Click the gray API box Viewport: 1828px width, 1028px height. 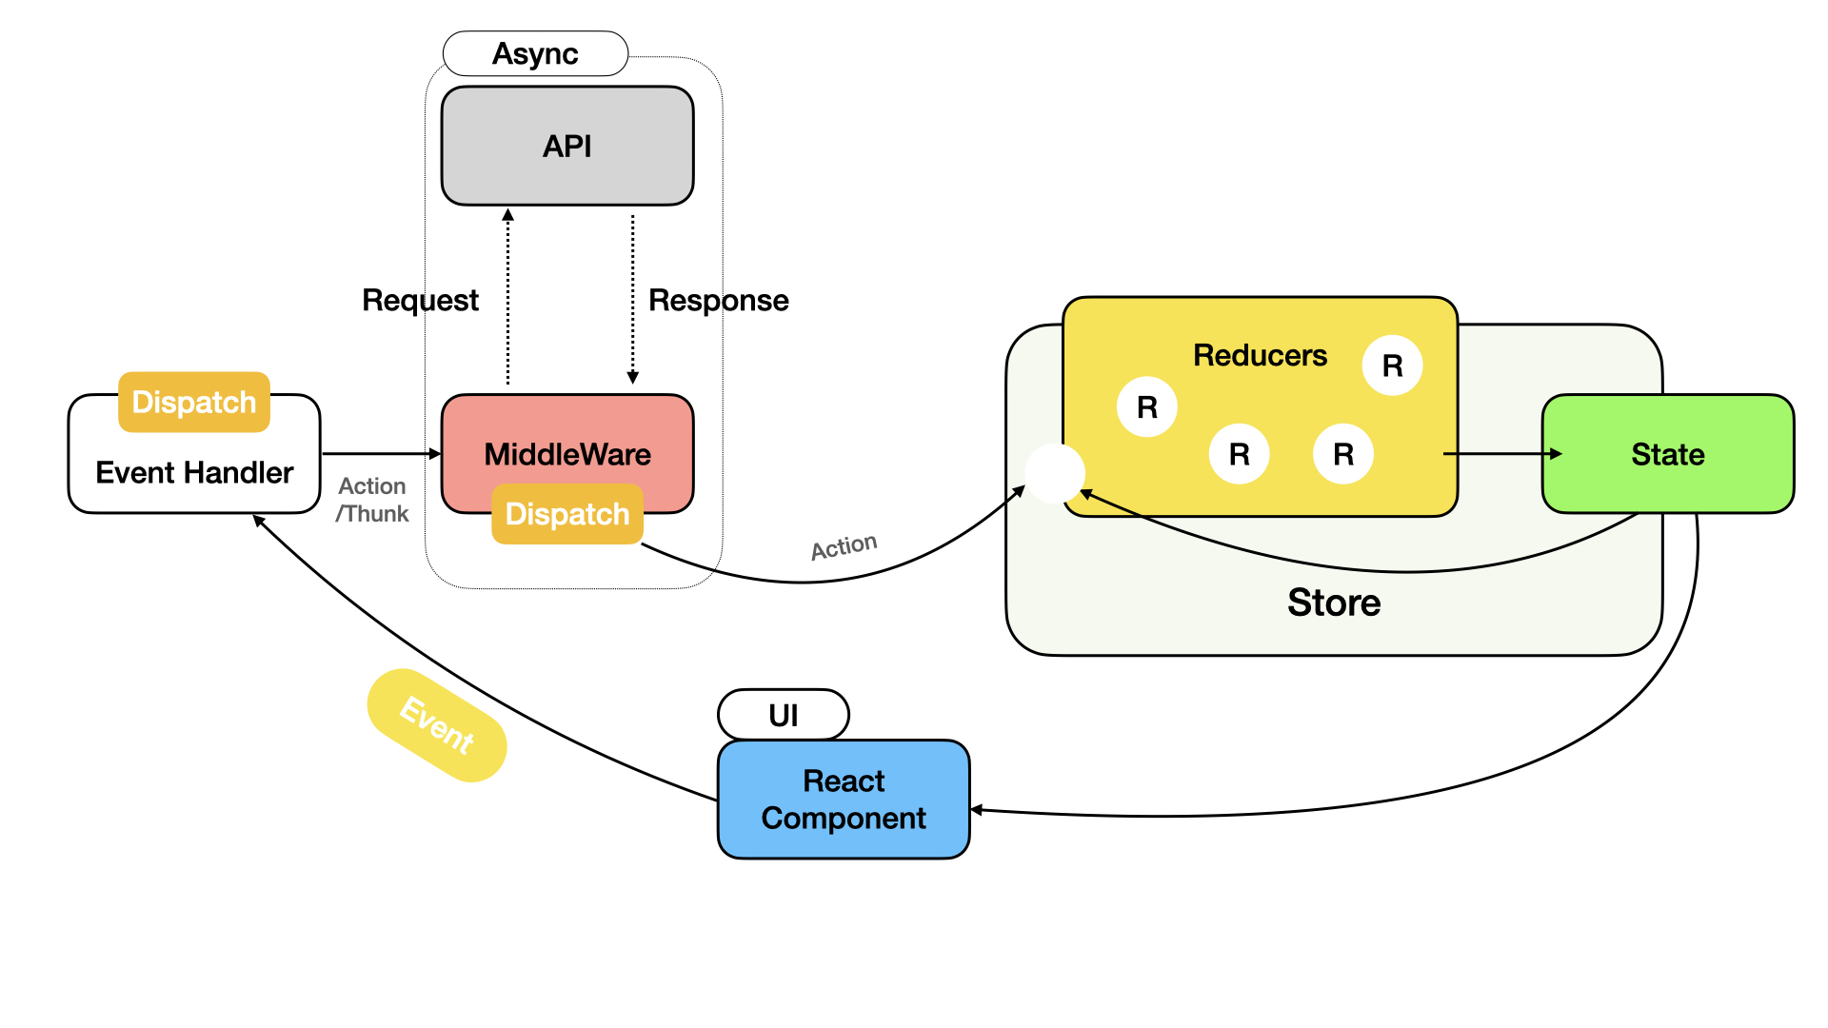click(567, 146)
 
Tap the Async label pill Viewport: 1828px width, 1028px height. click(535, 53)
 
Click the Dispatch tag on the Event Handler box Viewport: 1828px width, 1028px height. click(194, 402)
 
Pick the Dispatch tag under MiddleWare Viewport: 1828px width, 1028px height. click(567, 514)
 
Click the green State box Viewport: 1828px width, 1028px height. click(1668, 454)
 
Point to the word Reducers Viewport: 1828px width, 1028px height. click(1260, 355)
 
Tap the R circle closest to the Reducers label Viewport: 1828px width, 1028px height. click(1392, 366)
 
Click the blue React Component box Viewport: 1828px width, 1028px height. click(844, 800)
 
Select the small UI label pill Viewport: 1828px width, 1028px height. click(784, 715)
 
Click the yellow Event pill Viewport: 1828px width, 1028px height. click(437, 725)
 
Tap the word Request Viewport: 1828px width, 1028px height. click(420, 300)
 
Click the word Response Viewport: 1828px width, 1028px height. click(719, 300)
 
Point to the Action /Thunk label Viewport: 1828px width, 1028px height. click(372, 500)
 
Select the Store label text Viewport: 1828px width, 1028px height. click(1334, 603)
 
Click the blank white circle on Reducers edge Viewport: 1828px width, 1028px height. click(1054, 473)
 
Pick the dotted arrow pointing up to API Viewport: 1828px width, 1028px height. click(508, 295)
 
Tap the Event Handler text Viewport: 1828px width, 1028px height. click(194, 472)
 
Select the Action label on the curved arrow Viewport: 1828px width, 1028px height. click(844, 546)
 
